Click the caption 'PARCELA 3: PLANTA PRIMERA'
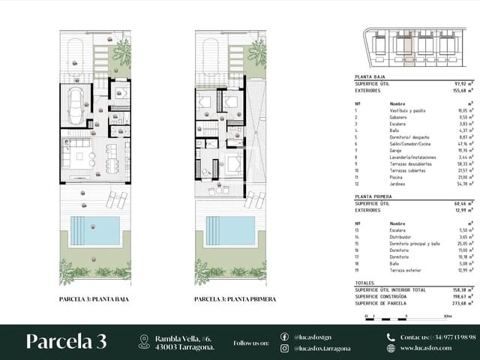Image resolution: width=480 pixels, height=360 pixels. click(x=235, y=299)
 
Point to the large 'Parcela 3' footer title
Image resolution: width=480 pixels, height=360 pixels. click(x=66, y=341)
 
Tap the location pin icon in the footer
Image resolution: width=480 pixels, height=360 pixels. click(x=144, y=342)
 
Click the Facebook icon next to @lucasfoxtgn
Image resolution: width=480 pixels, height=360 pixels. click(x=284, y=337)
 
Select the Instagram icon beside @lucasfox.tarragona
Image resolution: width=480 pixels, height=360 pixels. click(x=284, y=349)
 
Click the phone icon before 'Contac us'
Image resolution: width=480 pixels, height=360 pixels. click(x=391, y=337)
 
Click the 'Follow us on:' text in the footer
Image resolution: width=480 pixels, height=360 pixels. click(x=250, y=343)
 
